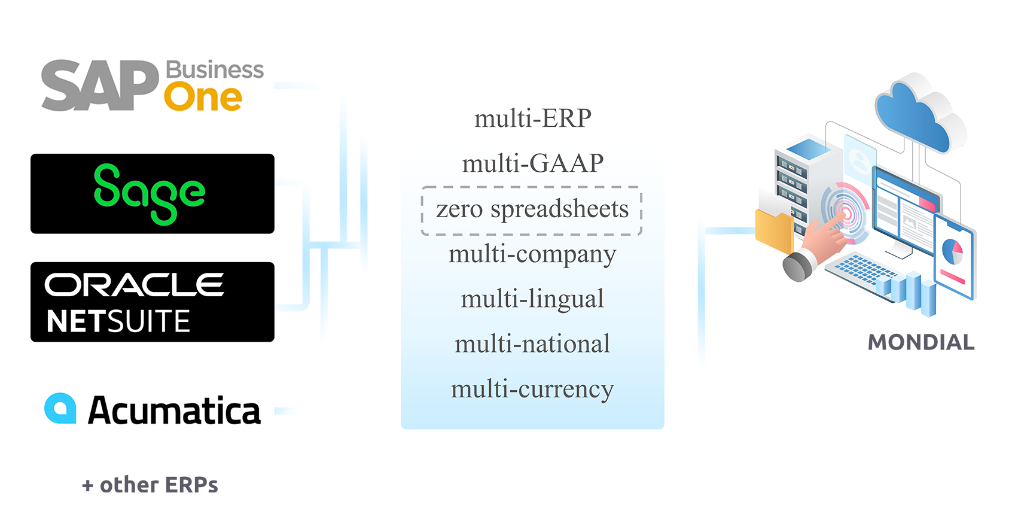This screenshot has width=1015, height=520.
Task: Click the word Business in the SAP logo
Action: (x=214, y=70)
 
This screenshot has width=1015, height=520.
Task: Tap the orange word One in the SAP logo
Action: (x=203, y=98)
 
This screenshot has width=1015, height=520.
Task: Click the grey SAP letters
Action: (x=99, y=85)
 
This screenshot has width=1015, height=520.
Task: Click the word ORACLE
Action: (x=134, y=285)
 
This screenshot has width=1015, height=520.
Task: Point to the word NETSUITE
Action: (x=118, y=321)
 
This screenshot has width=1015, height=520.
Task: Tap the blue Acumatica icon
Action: (x=60, y=409)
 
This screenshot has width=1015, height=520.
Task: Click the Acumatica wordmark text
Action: (x=174, y=410)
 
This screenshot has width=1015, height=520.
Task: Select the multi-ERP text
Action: (x=532, y=118)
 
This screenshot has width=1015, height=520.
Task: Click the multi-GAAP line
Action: (x=532, y=163)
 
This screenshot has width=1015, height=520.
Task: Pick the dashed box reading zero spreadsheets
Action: (x=532, y=210)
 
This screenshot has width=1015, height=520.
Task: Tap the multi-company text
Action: (x=532, y=254)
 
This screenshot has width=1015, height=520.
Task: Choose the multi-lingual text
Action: (x=532, y=299)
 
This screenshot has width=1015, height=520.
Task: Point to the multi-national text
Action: (x=532, y=344)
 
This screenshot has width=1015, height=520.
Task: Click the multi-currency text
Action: (x=532, y=389)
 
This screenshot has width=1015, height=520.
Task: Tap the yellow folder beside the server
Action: (x=773, y=230)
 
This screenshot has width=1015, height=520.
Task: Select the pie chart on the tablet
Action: (x=952, y=251)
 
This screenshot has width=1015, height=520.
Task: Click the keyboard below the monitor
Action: (x=861, y=270)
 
